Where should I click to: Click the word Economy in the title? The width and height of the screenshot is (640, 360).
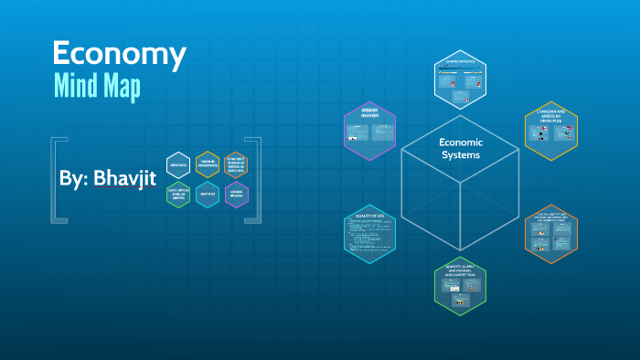(x=119, y=54)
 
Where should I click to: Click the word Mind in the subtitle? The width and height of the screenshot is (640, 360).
(x=80, y=89)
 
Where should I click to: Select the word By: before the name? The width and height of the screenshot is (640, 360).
(x=72, y=179)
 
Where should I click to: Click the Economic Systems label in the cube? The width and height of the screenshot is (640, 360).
(x=461, y=149)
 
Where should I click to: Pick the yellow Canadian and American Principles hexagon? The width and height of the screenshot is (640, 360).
(x=550, y=131)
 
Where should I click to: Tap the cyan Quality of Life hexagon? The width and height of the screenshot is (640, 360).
(x=369, y=234)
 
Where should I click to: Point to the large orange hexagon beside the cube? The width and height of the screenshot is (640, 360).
(x=551, y=232)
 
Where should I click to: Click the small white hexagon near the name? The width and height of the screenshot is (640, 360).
(x=178, y=164)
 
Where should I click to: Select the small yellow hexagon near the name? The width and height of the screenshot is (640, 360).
(x=208, y=164)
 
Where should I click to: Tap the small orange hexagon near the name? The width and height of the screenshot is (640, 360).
(x=236, y=164)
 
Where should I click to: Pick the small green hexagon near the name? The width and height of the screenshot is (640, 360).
(x=178, y=195)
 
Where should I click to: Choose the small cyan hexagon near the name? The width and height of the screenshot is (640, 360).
(x=208, y=195)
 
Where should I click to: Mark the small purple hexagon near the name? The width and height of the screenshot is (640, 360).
(x=236, y=195)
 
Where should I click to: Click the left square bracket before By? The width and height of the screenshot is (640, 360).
(x=57, y=179)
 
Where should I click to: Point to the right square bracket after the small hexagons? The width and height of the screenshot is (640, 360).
(x=256, y=179)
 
